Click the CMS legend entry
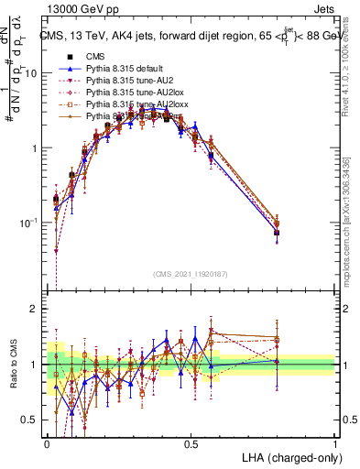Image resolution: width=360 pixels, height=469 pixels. click(95, 56)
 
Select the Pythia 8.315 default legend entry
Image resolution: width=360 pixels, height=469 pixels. click(128, 68)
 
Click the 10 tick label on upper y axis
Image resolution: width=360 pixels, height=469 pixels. click(31, 73)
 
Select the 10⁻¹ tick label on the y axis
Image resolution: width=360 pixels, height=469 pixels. click(29, 223)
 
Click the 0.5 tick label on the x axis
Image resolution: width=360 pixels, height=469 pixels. click(191, 442)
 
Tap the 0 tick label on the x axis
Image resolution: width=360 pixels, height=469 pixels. click(47, 442)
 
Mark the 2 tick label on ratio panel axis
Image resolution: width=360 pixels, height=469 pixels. click(35, 309)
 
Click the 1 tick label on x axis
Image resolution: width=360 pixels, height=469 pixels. click(335, 442)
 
